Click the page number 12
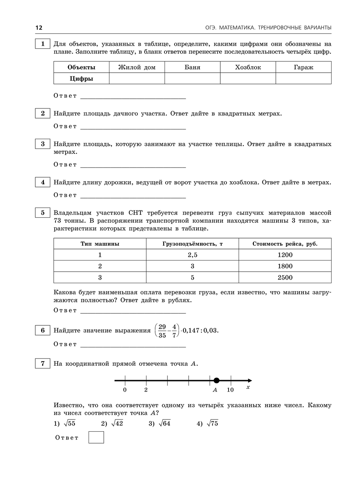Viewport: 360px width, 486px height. [39, 28]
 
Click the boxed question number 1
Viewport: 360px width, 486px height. [42, 44]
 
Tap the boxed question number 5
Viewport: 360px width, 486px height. [42, 213]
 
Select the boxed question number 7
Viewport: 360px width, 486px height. [42, 364]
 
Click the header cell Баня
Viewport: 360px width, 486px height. [192, 67]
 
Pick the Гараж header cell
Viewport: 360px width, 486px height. [303, 67]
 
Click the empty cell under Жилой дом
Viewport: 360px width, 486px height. [137, 79]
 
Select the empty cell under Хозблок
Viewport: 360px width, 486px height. [248, 79]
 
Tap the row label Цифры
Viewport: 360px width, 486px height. [81, 79]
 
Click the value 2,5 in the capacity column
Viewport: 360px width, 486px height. [192, 255]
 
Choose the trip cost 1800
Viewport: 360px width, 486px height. [285, 266]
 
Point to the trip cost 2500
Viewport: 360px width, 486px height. [285, 277]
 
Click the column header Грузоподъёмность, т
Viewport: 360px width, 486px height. [192, 244]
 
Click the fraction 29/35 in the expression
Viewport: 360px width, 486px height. [162, 331]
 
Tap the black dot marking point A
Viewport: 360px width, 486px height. [216, 380]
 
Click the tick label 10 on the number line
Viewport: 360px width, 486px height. [230, 390]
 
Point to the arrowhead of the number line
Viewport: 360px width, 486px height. [250, 380]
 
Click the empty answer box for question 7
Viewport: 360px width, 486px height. [96, 437]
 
